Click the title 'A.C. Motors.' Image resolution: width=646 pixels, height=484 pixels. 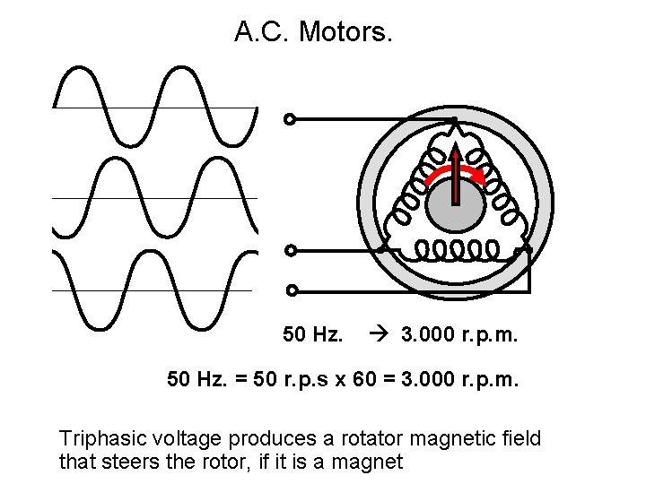pos(313,33)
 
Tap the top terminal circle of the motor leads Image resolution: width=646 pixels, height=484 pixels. pos(289,119)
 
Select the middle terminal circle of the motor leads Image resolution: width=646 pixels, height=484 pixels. pos(289,250)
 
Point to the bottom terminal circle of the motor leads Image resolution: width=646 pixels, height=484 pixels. pos(291,290)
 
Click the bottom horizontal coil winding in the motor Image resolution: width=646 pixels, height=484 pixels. pos(458,248)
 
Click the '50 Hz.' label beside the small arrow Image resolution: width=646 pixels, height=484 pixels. pos(313,335)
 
